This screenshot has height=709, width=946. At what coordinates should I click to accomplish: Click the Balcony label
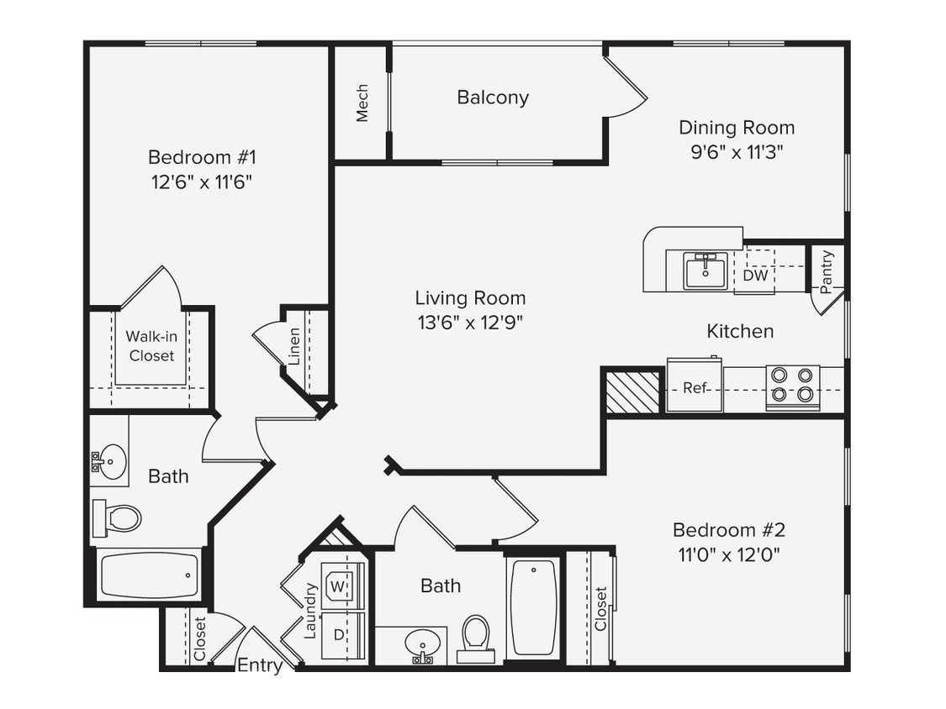pos(493,97)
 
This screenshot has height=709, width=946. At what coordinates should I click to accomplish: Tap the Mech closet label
pos(362,102)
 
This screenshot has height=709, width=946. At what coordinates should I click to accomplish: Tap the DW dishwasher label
pos(755,275)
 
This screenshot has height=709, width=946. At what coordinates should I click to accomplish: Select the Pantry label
pos(827,271)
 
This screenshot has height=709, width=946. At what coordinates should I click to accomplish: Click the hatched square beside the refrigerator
pos(633,391)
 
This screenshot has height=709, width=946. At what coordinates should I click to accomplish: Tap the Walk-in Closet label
pos(151,346)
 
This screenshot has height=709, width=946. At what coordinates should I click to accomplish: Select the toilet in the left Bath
pos(117,518)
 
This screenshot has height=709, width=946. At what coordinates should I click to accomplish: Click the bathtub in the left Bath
pos(149,575)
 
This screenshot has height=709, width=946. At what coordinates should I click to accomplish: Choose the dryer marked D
pos(339,635)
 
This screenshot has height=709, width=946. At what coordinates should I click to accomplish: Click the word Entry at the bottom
pos(260,665)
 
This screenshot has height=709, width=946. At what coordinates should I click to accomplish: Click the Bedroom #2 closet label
pos(600,608)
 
